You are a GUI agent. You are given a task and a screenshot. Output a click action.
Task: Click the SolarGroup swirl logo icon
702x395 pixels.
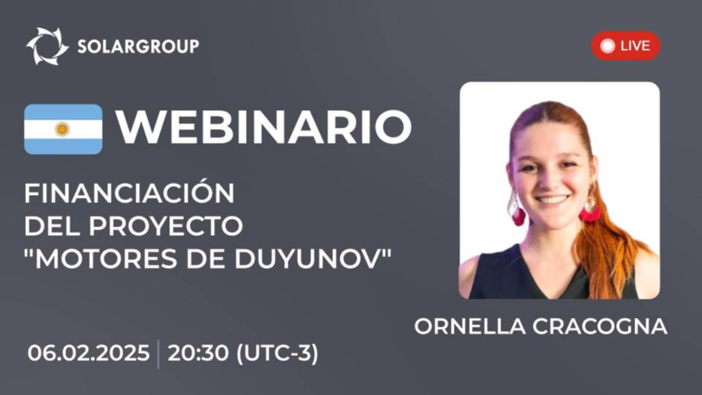pyautogui.click(x=48, y=46)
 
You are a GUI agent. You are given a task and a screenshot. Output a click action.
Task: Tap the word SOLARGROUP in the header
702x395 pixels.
pyautogui.click(x=138, y=46)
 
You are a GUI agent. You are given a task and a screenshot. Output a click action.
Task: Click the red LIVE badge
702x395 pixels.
pyautogui.click(x=625, y=46)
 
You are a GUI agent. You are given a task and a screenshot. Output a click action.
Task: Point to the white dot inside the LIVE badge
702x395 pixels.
pyautogui.click(x=608, y=46)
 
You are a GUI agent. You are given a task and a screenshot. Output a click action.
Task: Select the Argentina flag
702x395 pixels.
pyautogui.click(x=63, y=129)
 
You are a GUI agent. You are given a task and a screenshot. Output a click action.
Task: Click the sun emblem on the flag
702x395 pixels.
pyautogui.click(x=63, y=129)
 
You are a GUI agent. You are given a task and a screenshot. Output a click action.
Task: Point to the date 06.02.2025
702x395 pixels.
pyautogui.click(x=88, y=353)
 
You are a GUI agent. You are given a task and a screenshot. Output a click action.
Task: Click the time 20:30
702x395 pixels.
pyautogui.click(x=198, y=353)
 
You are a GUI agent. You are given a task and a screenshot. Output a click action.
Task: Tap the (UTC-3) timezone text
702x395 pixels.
pyautogui.click(x=278, y=354)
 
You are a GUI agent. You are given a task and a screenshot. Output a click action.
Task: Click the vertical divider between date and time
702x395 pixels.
pyautogui.click(x=158, y=354)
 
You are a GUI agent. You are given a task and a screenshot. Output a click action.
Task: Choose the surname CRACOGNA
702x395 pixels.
pyautogui.click(x=600, y=326)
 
